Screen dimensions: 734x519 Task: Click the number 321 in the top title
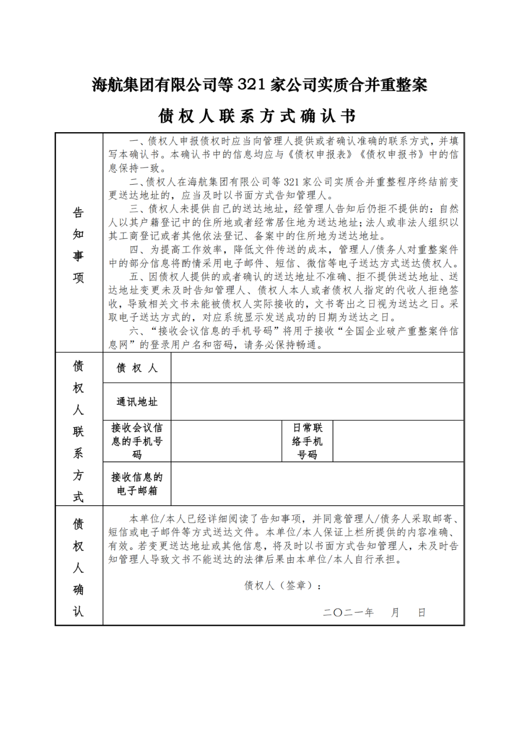coord(251,85)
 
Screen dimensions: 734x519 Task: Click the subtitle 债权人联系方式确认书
coord(258,116)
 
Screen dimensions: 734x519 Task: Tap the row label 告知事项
coord(78,245)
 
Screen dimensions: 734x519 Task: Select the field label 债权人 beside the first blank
coord(137,368)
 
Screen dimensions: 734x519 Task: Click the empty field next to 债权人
coord(317,368)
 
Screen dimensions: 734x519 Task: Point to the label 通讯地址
coord(137,402)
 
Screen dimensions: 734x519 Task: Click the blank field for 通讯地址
coord(317,402)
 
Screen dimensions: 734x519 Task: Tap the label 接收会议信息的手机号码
coord(137,441)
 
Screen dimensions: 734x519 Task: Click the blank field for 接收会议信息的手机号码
coord(226,441)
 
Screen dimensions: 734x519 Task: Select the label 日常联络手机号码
coord(308,441)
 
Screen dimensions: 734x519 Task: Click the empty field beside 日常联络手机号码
coord(398,441)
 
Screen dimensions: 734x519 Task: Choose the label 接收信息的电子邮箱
coord(137,484)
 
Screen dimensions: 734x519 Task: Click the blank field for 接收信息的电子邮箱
coord(317,484)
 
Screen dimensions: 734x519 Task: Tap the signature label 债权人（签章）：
coord(283,585)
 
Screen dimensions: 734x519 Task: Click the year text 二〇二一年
coord(348,612)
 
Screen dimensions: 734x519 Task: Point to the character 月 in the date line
coord(395,612)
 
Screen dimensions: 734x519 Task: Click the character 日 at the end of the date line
coord(421,612)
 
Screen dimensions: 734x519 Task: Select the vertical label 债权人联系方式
coord(78,431)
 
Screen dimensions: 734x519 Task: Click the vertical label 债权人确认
coord(78,567)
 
